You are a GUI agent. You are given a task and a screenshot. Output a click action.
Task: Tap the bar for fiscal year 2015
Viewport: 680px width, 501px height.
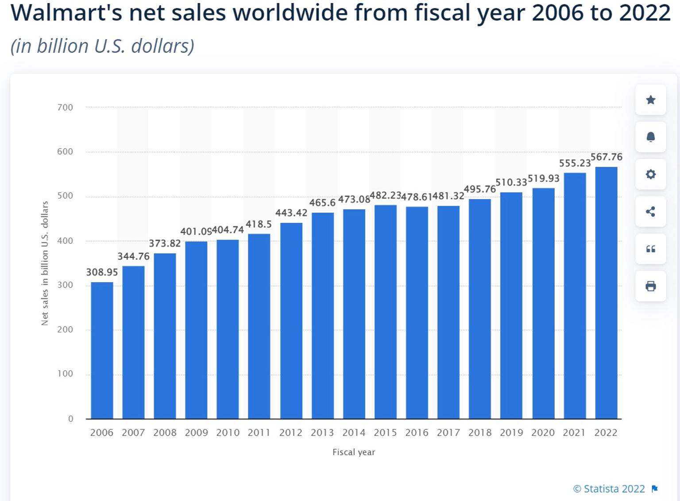(385, 312)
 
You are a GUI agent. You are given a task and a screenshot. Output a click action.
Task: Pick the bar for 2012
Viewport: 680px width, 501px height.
(291, 321)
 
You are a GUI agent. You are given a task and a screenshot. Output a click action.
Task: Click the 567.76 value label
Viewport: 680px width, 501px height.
(607, 157)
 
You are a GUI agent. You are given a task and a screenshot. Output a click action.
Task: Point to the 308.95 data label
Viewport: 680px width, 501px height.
(102, 272)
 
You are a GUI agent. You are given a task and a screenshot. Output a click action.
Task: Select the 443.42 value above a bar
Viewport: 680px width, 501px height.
(291, 213)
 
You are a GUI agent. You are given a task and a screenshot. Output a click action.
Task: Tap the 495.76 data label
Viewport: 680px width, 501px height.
(480, 189)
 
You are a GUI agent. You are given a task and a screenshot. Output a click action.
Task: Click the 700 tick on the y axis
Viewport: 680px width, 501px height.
(65, 107)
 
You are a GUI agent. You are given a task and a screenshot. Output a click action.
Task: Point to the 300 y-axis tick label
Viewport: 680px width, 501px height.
(65, 285)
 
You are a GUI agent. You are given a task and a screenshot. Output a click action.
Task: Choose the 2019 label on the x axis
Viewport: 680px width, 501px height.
(511, 433)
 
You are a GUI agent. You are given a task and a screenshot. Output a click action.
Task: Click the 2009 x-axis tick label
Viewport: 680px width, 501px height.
(196, 433)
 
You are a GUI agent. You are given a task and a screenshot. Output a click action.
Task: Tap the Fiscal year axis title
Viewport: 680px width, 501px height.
(354, 452)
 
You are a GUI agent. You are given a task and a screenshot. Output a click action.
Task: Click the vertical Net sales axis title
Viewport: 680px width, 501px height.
(45, 263)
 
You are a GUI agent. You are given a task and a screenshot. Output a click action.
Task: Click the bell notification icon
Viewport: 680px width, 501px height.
(650, 137)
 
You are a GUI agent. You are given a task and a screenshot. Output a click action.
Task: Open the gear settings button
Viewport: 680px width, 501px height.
(650, 174)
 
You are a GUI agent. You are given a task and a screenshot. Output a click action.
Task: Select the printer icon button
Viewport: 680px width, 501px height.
(650, 286)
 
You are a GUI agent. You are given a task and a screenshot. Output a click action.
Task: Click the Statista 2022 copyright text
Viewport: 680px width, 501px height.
(609, 489)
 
